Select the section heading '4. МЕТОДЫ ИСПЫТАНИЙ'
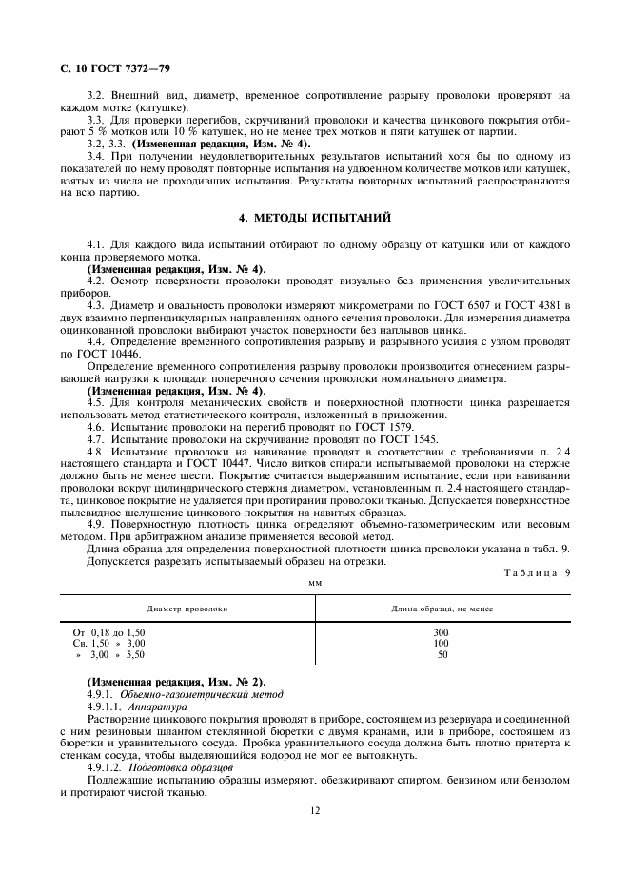315,218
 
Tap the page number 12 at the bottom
314,810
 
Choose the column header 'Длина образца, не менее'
442,607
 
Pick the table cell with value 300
441,631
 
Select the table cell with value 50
442,655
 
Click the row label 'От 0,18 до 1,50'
109,631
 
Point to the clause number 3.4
95,155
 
